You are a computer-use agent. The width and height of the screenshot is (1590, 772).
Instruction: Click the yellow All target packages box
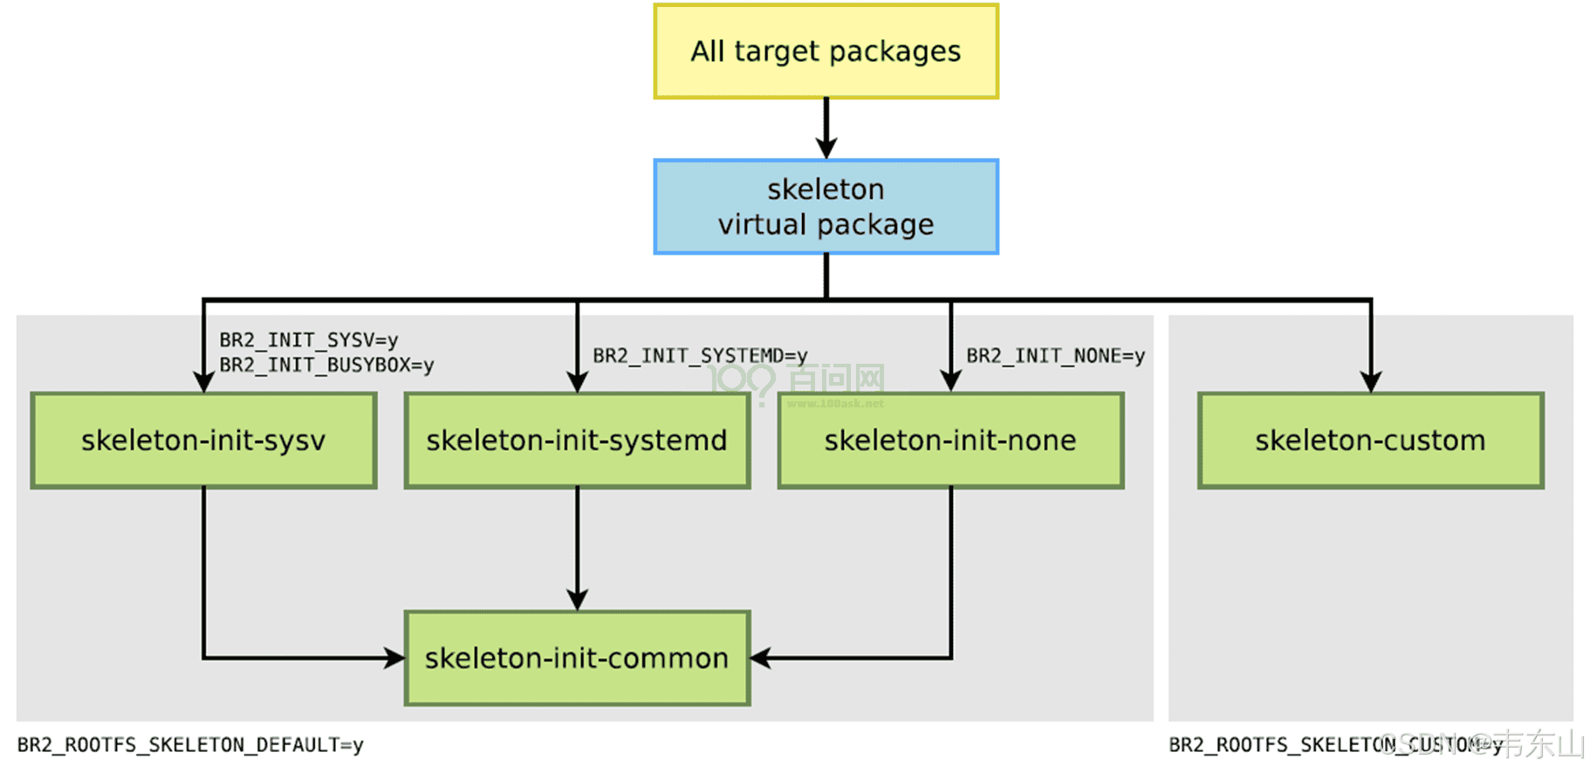point(826,51)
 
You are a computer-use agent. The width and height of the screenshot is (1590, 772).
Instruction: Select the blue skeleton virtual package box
point(826,207)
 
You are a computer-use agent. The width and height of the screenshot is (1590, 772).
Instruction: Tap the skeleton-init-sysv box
point(203,441)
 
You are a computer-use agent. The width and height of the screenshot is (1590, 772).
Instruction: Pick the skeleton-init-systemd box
point(577,441)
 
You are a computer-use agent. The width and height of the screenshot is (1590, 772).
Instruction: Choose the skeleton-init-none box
point(950,441)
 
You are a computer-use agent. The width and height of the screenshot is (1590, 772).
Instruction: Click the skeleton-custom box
point(1370,441)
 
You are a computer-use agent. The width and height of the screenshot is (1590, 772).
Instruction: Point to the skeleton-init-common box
point(577,659)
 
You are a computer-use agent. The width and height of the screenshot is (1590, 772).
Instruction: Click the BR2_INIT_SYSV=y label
point(308,340)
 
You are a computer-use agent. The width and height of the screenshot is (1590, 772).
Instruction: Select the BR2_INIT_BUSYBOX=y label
point(326,366)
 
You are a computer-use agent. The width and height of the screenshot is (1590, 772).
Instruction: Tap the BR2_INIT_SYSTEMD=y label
point(700,356)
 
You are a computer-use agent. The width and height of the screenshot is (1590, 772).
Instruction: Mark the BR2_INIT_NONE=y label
point(1055,356)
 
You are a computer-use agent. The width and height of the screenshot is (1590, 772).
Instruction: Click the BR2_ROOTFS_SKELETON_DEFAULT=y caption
point(190,745)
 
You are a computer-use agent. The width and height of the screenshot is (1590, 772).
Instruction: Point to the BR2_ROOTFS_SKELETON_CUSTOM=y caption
point(1335,745)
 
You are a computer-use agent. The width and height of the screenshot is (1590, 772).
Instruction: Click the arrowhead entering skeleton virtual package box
point(826,147)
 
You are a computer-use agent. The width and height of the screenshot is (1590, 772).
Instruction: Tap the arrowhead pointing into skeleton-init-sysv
point(203,381)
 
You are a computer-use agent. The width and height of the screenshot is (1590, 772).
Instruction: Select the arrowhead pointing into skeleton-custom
point(1371,381)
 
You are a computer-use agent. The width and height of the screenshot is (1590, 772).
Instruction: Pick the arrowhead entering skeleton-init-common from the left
point(394,658)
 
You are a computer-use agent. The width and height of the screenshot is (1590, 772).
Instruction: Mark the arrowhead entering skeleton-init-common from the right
point(761,658)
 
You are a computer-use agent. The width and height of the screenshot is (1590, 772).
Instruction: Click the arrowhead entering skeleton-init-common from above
point(577,599)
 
